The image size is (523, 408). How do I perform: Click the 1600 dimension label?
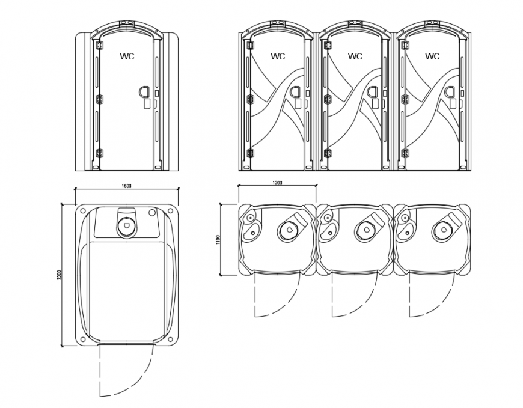click(126, 187)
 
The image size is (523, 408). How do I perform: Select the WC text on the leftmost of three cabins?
click(278, 57)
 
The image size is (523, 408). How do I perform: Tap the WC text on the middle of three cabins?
click(355, 57)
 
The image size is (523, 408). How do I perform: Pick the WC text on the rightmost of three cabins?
click(432, 57)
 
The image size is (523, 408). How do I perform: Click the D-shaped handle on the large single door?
click(145, 92)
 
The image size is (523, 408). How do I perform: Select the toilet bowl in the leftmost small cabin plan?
click(287, 229)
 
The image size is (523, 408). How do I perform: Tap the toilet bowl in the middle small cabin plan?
click(364, 229)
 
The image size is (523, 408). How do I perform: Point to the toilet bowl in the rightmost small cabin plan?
click(442, 229)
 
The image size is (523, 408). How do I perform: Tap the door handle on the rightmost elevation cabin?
click(448, 92)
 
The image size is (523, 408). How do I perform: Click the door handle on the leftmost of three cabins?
click(295, 92)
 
